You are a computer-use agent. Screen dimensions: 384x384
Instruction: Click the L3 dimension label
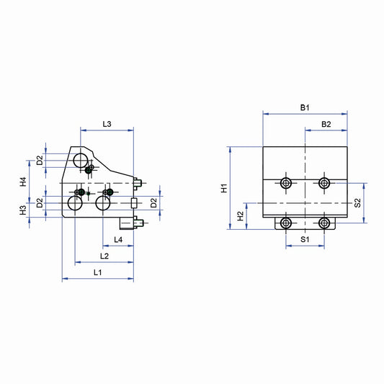click(x=107, y=124)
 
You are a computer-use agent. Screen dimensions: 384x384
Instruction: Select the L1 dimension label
click(x=98, y=272)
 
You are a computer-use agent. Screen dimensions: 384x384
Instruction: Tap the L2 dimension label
click(x=104, y=256)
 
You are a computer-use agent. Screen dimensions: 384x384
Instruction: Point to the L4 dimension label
click(x=117, y=239)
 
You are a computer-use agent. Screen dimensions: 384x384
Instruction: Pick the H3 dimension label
click(x=23, y=210)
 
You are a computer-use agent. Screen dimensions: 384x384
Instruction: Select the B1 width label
click(x=305, y=107)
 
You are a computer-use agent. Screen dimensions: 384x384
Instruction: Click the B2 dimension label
click(x=326, y=125)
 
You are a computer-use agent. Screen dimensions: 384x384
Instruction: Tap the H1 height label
click(x=225, y=188)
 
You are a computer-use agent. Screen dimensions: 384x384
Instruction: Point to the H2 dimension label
click(x=241, y=215)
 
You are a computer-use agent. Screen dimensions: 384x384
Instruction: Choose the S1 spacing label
click(x=305, y=238)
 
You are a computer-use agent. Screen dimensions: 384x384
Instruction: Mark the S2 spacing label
click(x=357, y=204)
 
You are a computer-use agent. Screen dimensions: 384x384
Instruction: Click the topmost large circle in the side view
click(x=80, y=158)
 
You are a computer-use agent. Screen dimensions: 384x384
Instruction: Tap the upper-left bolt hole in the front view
click(x=287, y=183)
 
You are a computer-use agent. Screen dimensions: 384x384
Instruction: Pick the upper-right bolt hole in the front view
click(x=324, y=183)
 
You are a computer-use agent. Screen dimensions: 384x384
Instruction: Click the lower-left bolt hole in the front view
click(x=287, y=223)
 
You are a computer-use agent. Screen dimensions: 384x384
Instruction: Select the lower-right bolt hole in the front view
click(x=324, y=223)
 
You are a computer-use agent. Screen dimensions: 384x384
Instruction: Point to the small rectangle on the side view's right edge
click(x=133, y=204)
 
